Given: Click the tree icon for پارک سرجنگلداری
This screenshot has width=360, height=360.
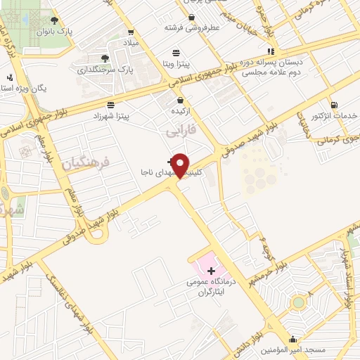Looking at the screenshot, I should pos(105,58).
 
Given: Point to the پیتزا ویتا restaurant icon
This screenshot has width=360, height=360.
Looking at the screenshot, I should pos(176,52).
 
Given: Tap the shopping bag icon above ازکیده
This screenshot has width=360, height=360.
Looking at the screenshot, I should pos(181,100).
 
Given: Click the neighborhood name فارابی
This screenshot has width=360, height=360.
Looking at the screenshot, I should pos(179,131).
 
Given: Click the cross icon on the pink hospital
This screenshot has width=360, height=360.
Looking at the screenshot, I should pos(211,270).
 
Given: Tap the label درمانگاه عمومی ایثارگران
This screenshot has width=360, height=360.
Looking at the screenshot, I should pos(210,286).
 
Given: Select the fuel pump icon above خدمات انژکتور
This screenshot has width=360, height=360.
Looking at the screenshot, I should pos(333,104).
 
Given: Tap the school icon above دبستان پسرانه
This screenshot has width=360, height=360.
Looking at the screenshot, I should pos(271,51).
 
